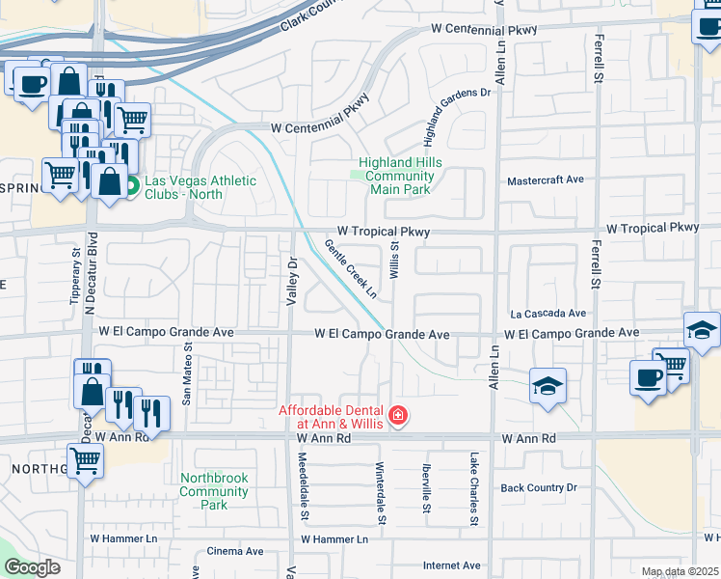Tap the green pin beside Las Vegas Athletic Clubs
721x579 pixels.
(x=133, y=183)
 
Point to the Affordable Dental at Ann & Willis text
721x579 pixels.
(x=331, y=417)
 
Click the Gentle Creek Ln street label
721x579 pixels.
(x=351, y=267)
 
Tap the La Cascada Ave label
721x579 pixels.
(x=548, y=314)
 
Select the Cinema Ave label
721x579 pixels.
(x=235, y=552)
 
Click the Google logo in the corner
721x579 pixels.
(x=32, y=567)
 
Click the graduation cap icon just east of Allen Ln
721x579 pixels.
(x=547, y=387)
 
